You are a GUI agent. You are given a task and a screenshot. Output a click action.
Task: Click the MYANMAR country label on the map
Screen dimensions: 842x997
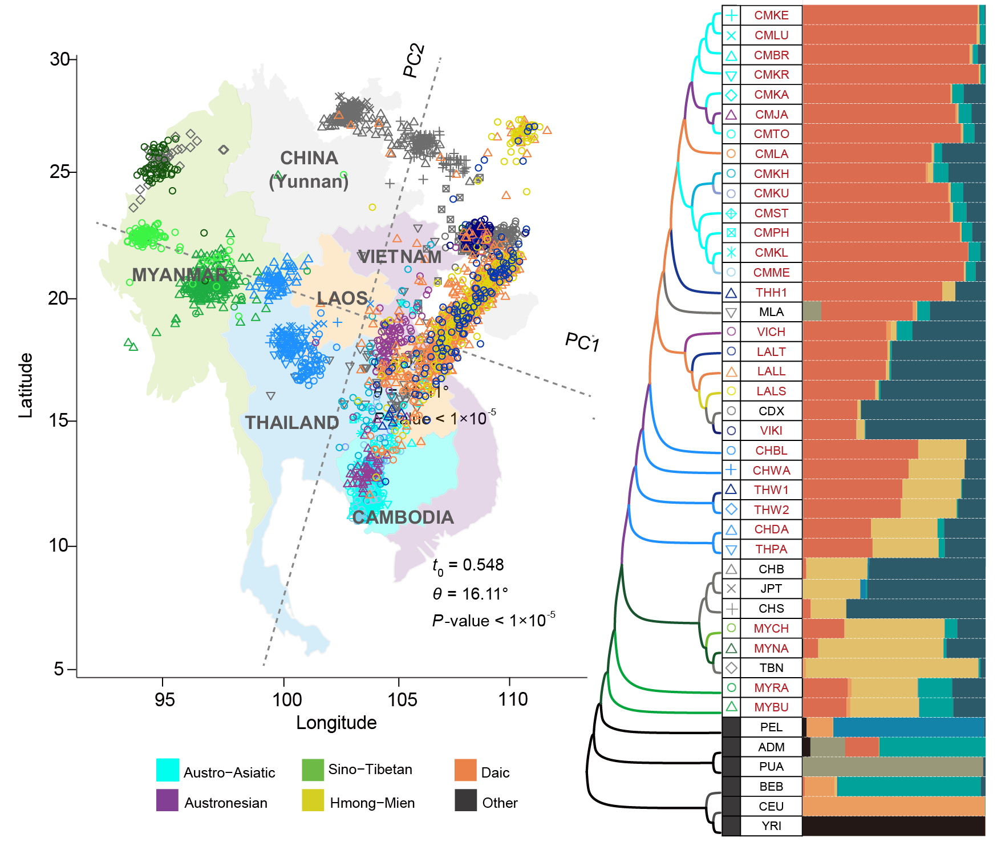[x=180, y=275]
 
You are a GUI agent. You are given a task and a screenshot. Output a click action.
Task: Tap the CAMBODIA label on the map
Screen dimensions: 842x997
[x=403, y=517]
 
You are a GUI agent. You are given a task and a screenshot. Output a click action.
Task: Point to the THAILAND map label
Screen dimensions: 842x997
[x=292, y=422]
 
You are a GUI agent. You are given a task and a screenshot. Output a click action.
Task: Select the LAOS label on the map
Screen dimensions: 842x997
[x=342, y=298]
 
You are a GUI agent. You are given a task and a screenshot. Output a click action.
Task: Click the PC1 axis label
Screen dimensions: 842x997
[x=582, y=342]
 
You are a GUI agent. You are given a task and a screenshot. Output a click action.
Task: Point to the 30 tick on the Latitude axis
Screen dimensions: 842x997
[x=59, y=59]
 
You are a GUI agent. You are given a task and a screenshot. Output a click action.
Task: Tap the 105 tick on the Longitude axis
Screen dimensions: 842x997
[x=402, y=699]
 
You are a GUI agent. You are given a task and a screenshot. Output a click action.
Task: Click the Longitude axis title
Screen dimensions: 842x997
[x=336, y=723]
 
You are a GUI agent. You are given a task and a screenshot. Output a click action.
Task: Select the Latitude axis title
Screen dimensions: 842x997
[x=26, y=385]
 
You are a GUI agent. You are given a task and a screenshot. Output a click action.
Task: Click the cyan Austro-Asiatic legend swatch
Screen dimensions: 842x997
[x=168, y=770]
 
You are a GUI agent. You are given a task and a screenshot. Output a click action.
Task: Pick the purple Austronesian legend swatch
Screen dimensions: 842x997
[x=168, y=800]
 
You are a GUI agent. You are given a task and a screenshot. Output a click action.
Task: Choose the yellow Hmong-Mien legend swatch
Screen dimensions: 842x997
[x=313, y=800]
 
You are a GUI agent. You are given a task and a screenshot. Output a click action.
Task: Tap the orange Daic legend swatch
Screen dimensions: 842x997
[x=465, y=770]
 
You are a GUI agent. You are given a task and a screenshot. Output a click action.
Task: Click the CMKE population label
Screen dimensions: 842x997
[x=771, y=15]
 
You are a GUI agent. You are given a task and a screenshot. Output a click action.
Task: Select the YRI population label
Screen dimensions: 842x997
[x=771, y=826]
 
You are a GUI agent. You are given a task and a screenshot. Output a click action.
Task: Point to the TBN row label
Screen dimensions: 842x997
[x=771, y=668]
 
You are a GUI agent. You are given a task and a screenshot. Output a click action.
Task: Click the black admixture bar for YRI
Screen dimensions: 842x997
[x=893, y=826]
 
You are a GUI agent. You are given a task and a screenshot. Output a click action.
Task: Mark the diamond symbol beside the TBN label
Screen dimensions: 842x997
[x=731, y=668]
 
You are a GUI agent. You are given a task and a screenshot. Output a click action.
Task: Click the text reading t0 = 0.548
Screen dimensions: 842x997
[x=468, y=565]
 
